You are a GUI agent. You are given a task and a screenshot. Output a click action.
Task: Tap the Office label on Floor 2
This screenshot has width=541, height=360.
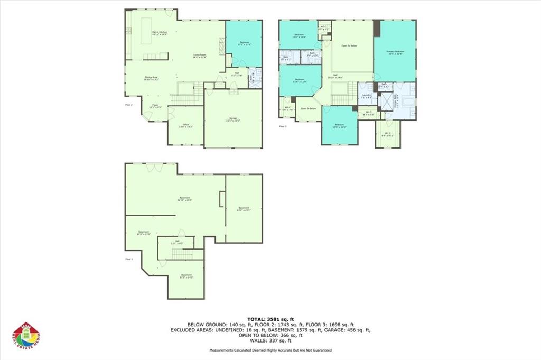185,126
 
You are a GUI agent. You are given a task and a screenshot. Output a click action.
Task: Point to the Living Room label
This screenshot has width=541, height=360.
199,56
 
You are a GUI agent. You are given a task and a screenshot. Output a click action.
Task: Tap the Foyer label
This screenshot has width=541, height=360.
156,106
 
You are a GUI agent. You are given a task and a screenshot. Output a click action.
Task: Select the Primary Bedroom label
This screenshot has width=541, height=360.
395,52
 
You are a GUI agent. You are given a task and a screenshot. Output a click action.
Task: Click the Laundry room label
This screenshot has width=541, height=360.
366,96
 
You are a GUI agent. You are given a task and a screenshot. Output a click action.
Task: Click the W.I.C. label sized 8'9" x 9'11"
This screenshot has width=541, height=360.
388,134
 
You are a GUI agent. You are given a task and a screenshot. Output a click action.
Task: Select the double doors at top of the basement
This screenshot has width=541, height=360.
151,167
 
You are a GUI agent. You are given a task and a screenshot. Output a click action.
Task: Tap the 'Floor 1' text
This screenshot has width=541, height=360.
129,260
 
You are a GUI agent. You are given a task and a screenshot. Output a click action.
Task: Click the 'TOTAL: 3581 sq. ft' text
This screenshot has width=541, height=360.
270,318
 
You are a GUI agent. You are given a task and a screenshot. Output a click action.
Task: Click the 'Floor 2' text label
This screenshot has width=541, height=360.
128,105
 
